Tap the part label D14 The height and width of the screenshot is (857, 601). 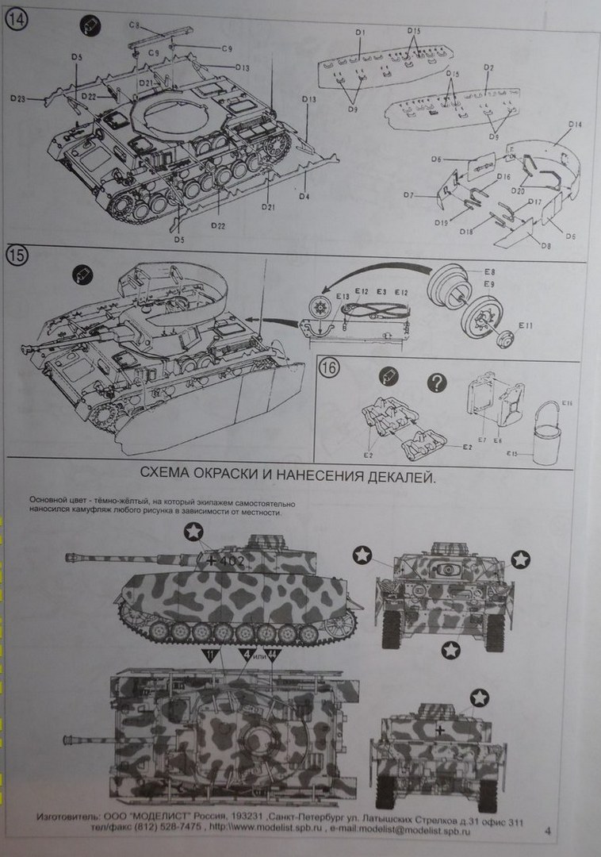576,125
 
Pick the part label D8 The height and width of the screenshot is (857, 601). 546,246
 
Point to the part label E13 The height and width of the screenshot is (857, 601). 342,297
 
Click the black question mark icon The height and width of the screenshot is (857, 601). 436,383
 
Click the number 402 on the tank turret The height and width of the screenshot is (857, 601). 232,560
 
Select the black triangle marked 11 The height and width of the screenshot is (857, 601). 210,656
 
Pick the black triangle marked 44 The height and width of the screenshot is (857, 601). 271,655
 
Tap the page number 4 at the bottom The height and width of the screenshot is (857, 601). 549,831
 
